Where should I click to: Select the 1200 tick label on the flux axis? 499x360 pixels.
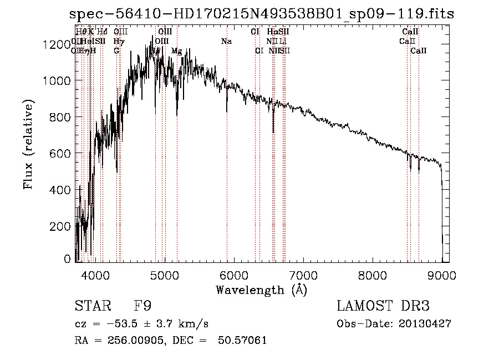(57, 44)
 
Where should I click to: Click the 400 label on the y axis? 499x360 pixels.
(62, 190)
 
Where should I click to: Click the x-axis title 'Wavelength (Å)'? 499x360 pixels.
(261, 290)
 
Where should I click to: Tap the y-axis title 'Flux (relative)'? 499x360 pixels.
(29, 144)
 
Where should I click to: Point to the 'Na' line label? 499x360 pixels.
(226, 41)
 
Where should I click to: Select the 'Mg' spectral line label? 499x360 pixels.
(176, 51)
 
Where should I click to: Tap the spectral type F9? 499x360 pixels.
(143, 306)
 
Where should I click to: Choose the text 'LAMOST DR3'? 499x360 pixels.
(383, 306)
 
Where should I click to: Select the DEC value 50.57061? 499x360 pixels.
(244, 340)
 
